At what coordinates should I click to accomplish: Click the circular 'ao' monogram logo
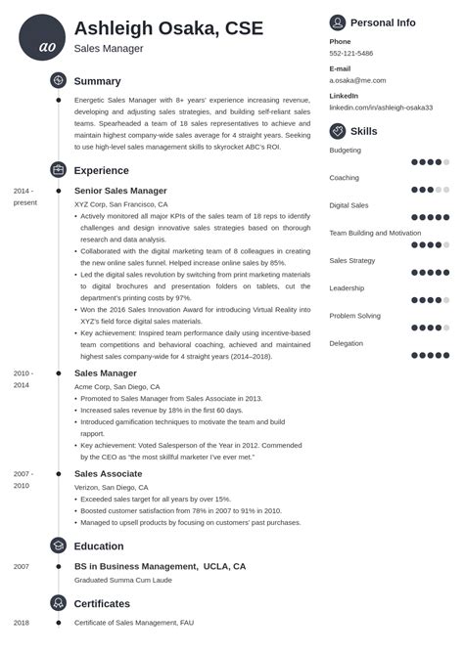[42, 37]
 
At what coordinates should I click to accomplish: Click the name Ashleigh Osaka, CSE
[168, 28]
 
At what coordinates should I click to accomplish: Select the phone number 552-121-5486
[350, 54]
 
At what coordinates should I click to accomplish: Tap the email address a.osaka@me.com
[357, 81]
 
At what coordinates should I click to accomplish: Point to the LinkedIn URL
[379, 108]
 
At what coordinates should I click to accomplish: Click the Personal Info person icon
[338, 22]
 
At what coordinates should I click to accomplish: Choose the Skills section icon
[338, 130]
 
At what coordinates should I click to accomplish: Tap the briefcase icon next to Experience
[58, 169]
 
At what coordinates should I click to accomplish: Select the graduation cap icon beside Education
[58, 546]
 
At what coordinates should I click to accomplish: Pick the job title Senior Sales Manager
[120, 191]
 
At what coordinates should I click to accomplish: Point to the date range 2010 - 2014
[23, 379]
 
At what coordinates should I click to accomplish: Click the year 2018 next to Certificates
[22, 622]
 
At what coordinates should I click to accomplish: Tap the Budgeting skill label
[345, 151]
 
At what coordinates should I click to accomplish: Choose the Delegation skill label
[346, 343]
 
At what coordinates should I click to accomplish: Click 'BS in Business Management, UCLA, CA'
[160, 566]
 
